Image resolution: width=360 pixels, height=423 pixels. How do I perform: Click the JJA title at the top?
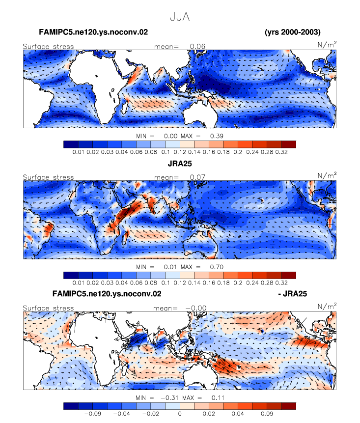[x=180, y=17]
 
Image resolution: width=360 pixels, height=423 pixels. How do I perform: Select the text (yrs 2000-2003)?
[x=293, y=32]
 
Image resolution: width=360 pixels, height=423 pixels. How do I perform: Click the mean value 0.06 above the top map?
[x=197, y=46]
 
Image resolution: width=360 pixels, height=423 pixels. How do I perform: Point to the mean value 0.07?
[x=197, y=177]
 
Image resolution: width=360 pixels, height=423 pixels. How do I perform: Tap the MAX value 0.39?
[x=217, y=136]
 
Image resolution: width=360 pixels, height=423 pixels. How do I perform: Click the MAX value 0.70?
[x=217, y=267]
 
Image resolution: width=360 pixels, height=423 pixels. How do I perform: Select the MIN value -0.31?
[x=169, y=397]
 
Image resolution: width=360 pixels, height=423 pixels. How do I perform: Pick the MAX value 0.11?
[x=218, y=397]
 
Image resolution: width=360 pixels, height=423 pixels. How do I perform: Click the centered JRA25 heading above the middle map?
[x=180, y=164]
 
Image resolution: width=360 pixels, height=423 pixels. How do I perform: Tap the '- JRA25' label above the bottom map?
[x=292, y=293]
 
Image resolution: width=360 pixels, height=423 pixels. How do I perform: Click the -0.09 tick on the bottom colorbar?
[x=93, y=414]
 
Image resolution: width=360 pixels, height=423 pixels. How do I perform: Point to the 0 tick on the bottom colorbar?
[x=180, y=414]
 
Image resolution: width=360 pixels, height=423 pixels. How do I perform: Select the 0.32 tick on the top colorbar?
[x=281, y=152]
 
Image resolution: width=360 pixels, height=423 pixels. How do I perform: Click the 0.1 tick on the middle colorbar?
[x=166, y=282]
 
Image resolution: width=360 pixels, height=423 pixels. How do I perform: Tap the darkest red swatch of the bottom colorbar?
[x=289, y=406]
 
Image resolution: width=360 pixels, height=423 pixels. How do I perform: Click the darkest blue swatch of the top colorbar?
[x=71, y=144]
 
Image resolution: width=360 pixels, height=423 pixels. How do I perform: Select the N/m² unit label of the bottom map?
[x=327, y=307]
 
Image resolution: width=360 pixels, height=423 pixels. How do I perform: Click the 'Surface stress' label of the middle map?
[x=48, y=177]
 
